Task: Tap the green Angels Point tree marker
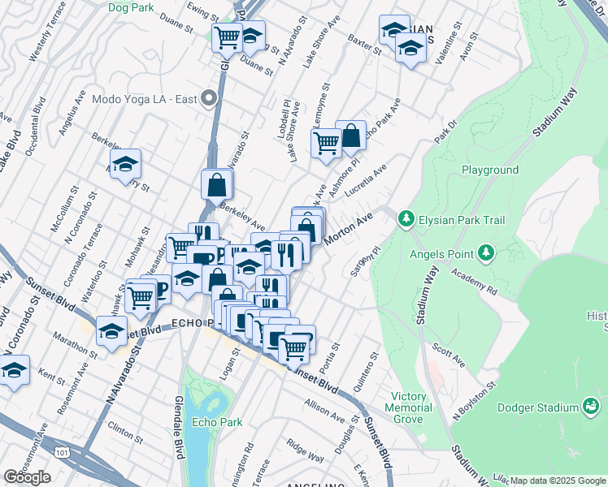487,253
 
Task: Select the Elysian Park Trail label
461,220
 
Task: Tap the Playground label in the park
490,170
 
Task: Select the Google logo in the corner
27,477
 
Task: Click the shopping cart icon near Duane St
227,37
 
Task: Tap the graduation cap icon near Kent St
14,370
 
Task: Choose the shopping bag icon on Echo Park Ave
351,137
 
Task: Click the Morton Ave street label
347,230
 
